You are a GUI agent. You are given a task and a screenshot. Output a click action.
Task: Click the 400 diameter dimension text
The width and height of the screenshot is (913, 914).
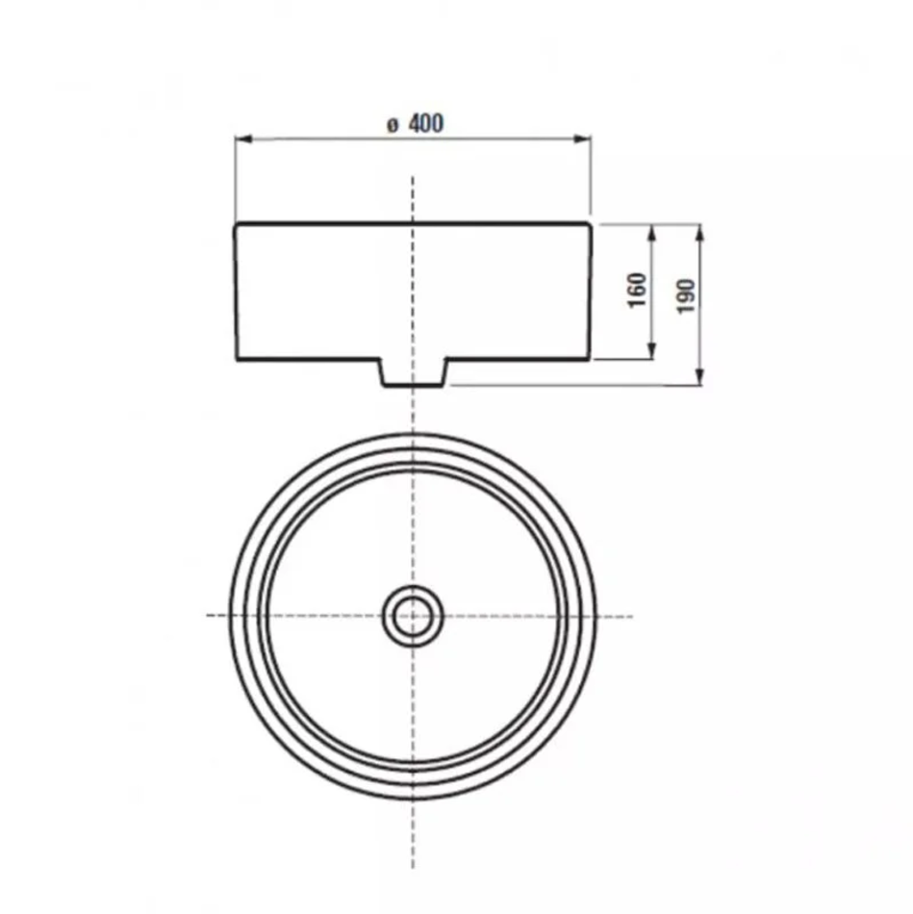point(425,123)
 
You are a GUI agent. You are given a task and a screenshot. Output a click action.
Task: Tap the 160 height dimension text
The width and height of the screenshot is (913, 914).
point(637,291)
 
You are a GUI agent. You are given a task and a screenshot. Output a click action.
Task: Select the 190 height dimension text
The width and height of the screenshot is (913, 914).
point(686,296)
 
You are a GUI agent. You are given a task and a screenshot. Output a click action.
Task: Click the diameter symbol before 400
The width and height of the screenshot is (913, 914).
point(393,125)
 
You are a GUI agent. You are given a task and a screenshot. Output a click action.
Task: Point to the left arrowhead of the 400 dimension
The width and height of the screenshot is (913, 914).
point(243,139)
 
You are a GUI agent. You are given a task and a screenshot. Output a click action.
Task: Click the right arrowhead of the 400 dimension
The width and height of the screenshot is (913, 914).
point(582,139)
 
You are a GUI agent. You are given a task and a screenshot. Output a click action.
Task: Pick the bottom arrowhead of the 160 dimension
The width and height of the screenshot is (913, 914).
point(652,351)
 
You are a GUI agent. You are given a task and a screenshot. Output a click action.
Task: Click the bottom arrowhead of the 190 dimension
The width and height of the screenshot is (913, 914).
point(700,376)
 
